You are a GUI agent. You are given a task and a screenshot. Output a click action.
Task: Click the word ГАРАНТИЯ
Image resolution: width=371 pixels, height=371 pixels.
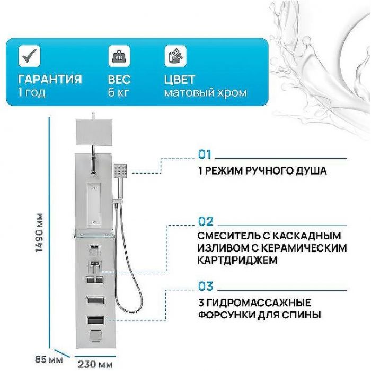(x=50, y=80)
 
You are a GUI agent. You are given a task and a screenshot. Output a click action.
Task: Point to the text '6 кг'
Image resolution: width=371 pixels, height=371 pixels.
(x=119, y=93)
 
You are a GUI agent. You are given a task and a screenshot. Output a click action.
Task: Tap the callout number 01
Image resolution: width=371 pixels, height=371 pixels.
(x=205, y=154)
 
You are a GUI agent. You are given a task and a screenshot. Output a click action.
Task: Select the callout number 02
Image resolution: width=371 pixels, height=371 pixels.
(x=206, y=221)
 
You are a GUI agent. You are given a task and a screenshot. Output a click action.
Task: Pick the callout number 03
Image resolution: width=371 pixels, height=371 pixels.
(x=206, y=287)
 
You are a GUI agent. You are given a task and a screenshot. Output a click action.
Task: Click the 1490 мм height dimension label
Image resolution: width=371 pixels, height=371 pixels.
(x=38, y=234)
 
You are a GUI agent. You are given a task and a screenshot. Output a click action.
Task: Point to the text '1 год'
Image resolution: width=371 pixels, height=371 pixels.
(x=31, y=93)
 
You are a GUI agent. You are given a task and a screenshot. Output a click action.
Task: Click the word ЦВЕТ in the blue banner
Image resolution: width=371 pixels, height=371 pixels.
(x=179, y=80)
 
